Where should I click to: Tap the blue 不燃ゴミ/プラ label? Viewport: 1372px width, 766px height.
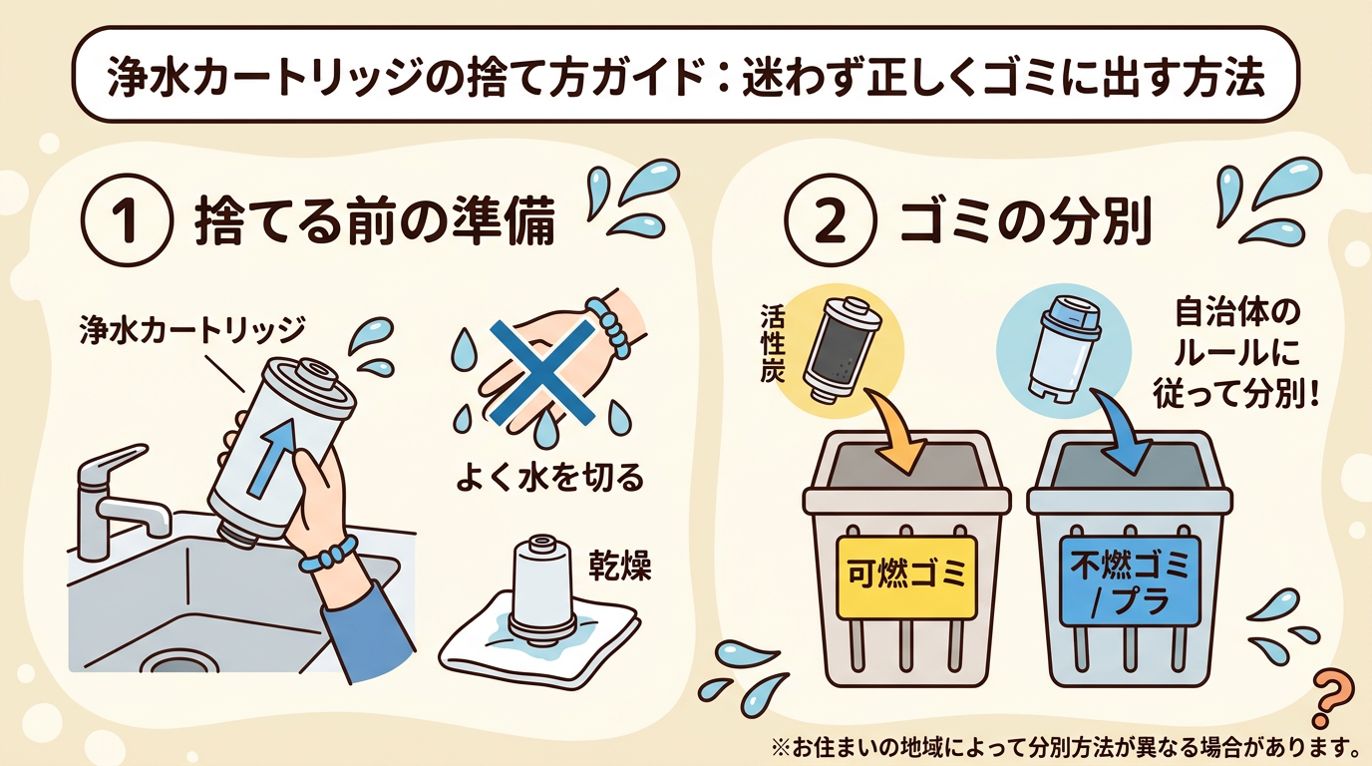pos(1129,579)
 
